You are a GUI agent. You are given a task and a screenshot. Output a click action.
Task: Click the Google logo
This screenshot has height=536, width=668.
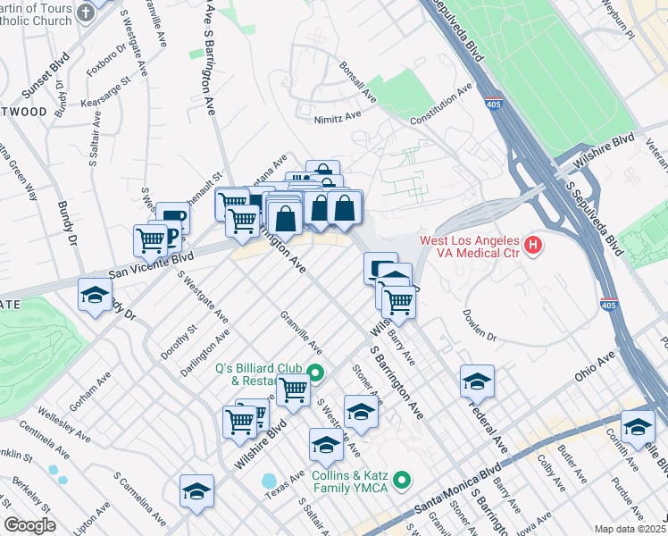click(29, 524)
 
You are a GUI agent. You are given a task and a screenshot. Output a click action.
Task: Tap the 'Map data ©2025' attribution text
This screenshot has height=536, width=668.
click(630, 529)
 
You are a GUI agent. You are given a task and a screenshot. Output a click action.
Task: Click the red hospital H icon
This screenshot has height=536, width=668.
click(533, 243)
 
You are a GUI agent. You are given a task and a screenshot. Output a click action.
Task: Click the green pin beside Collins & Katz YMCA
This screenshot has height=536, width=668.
click(402, 482)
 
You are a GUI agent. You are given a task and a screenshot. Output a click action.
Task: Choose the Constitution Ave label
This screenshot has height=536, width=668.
click(440, 105)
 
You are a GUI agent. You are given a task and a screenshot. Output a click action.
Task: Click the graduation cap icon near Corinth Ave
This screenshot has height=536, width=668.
click(638, 426)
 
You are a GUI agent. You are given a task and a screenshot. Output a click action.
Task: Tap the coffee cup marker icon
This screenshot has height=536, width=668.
click(174, 218)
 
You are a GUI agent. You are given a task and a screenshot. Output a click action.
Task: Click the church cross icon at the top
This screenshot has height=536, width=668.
click(86, 13)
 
